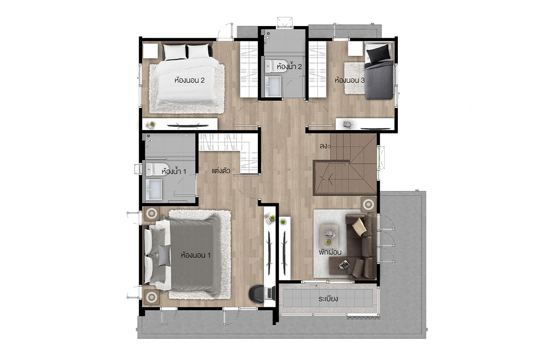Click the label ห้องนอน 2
[x=189, y=80]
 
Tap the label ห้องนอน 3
[x=350, y=80]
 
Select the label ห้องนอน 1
[x=196, y=255]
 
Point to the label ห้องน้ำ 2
[x=289, y=66]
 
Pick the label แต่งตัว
[x=221, y=171]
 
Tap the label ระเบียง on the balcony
[x=328, y=299]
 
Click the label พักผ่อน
[x=330, y=252]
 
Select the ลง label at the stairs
[x=324, y=146]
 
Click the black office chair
[x=257, y=294]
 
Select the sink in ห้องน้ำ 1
[x=154, y=189]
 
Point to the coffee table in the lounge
[x=329, y=234]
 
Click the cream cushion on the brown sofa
[x=359, y=226]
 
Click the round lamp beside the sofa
[x=369, y=205]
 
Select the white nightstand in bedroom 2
[x=150, y=51]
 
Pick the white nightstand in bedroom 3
[x=355, y=49]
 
